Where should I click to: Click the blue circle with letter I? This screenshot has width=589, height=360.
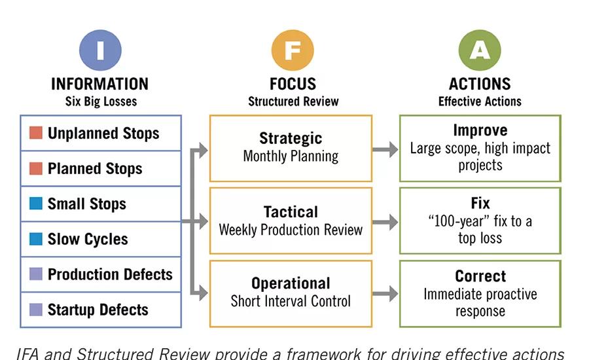coord(100,50)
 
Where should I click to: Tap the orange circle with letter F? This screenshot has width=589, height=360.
coord(293,50)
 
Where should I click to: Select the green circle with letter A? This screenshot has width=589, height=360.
coord(480,50)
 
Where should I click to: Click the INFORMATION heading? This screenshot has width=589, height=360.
coord(100,84)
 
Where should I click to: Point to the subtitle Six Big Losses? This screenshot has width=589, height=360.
coord(100,101)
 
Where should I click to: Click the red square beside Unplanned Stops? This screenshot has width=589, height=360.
coord(36,134)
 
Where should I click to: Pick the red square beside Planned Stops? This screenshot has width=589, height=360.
coord(36,169)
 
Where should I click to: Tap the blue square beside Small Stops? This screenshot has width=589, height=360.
coord(36,204)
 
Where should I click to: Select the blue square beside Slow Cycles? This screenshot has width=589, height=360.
coord(36,239)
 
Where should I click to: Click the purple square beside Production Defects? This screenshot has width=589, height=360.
coord(36,274)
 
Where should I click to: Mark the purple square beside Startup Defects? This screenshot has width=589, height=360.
coord(36,310)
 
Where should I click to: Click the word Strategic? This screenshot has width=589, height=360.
coord(291,139)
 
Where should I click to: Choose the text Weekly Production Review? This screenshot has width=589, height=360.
coord(291,230)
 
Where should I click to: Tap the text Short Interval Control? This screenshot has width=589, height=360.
coord(291,301)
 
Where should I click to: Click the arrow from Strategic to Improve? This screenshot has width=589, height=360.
coord(385,149)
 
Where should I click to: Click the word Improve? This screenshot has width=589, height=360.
coord(480,131)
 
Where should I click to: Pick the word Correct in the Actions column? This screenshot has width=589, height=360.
coord(480,276)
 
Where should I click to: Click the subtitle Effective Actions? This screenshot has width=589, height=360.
coord(480,101)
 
